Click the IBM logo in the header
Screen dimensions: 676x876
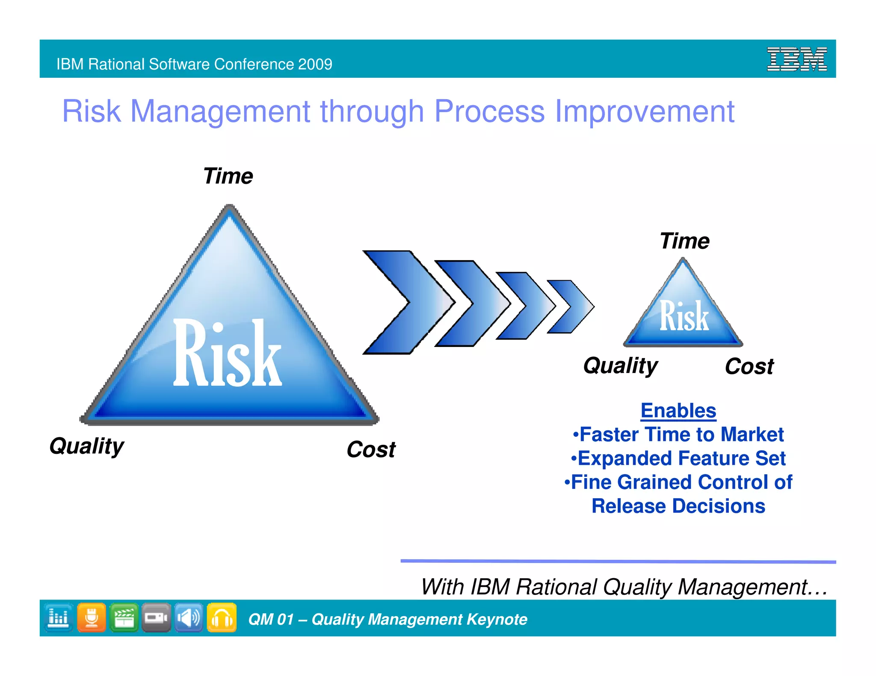[796, 59]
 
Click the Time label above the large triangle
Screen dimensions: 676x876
[228, 176]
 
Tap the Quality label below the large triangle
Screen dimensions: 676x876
[87, 447]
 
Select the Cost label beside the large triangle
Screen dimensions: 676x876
[371, 450]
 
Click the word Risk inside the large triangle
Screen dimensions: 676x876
[227, 354]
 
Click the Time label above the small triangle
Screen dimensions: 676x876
[684, 241]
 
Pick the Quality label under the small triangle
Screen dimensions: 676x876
[621, 366]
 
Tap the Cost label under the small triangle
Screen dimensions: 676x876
[749, 367]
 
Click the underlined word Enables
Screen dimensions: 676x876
[678, 411]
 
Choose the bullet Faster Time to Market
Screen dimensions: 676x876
[678, 435]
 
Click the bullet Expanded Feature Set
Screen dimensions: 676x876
[678, 459]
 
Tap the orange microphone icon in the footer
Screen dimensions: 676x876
[92, 617]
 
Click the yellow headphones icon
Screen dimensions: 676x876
[222, 617]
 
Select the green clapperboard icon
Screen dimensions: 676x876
[124, 617]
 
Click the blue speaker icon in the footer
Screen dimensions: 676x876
[189, 617]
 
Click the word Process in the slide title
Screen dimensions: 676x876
[489, 111]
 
